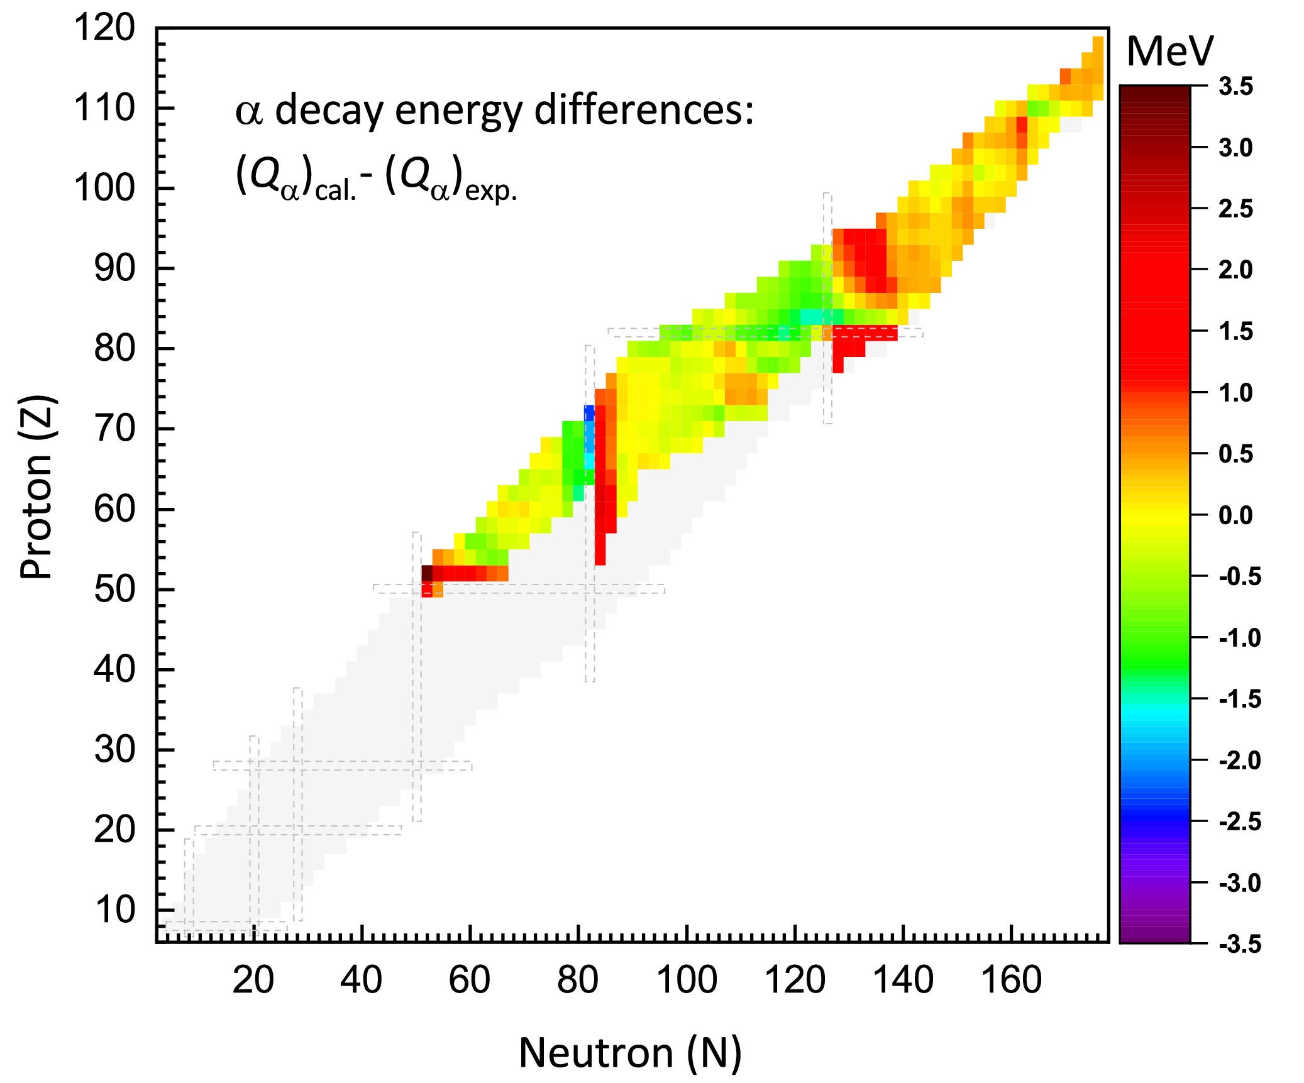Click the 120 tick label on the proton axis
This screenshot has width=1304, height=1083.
(105, 28)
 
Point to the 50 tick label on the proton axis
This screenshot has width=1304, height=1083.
(114, 590)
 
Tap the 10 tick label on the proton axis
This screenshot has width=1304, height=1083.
(114, 910)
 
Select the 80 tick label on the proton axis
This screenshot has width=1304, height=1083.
(114, 348)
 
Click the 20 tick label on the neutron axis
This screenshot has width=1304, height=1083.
(253, 980)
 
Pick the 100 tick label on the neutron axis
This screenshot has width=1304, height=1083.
(687, 980)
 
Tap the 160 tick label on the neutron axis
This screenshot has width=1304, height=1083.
(1011, 980)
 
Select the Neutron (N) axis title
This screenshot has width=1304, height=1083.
(630, 1053)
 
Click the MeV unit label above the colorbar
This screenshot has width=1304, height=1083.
(1169, 52)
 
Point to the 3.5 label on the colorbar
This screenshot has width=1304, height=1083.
(1235, 87)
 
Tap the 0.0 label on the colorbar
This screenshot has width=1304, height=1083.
(1235, 515)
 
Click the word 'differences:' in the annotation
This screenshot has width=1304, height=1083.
(644, 111)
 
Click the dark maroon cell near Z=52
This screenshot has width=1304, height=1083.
(427, 573)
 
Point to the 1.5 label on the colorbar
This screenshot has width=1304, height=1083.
(1235, 331)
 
